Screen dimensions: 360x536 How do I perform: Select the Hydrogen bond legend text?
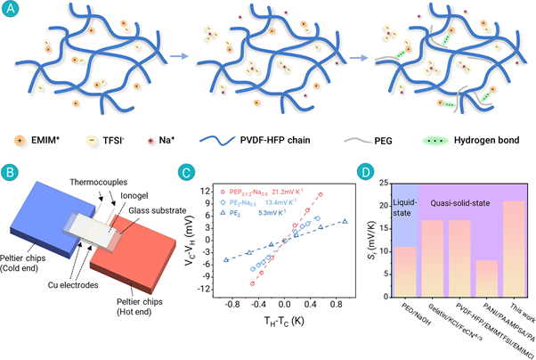[484, 140]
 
